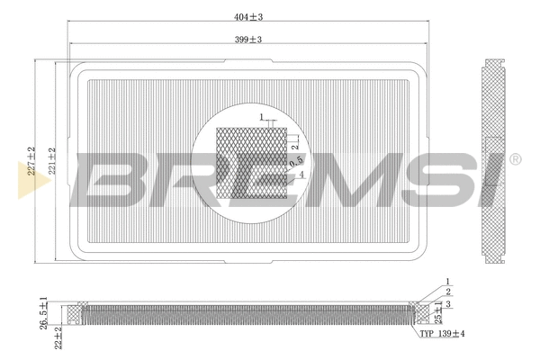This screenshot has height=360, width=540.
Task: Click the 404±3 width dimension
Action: click(247, 17)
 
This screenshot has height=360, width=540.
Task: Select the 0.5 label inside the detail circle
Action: click(294, 159)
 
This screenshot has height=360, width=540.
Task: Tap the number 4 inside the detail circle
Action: click(301, 175)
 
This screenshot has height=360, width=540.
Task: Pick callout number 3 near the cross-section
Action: click(448, 305)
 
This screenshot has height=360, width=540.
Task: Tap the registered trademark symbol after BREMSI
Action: click(515, 159)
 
